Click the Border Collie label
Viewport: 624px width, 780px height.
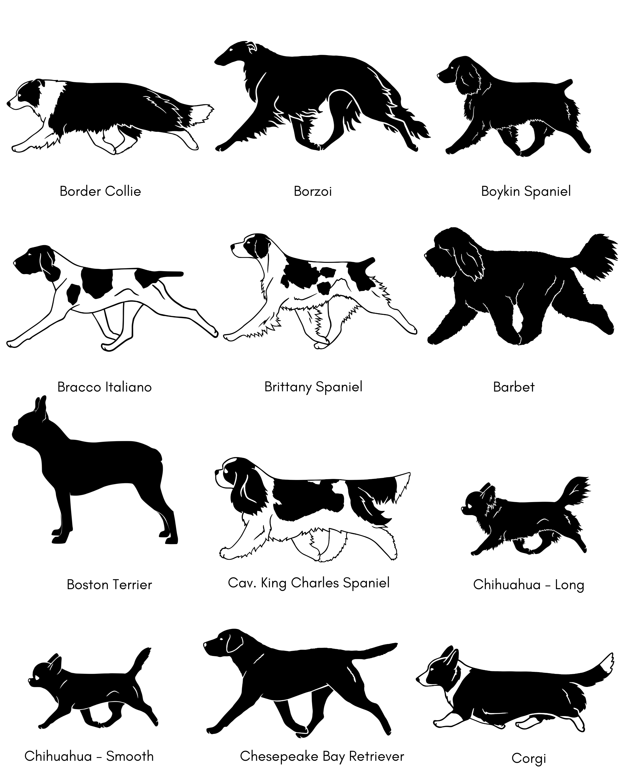point(100,191)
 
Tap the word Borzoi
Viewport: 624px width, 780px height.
point(313,191)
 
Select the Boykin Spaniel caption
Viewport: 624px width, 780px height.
point(526,191)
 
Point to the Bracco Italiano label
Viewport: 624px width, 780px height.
point(105,387)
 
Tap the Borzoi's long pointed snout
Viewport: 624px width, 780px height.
point(226,58)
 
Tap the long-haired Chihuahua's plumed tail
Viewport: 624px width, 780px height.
point(575,494)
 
